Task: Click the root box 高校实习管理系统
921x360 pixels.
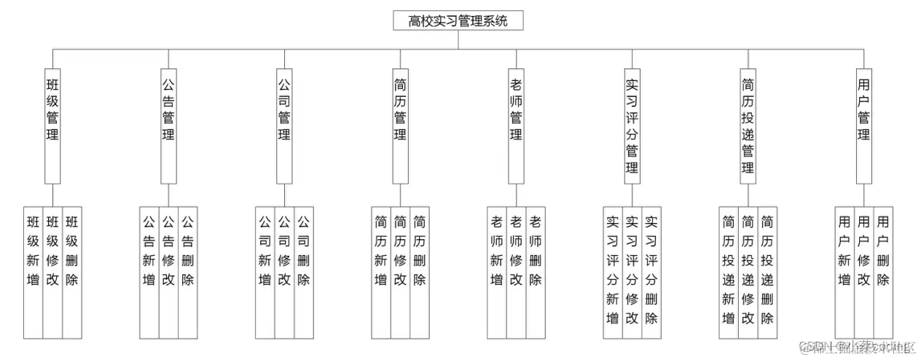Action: pyautogui.click(x=458, y=20)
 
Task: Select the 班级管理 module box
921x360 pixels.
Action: pyautogui.click(x=52, y=124)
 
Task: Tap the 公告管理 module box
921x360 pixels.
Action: pyautogui.click(x=168, y=124)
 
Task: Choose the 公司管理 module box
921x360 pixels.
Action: pyautogui.click(x=284, y=124)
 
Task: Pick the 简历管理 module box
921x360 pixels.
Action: pyautogui.click(x=400, y=124)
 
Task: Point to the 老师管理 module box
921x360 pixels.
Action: pyautogui.click(x=516, y=124)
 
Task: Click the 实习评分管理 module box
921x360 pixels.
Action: pyautogui.click(x=632, y=124)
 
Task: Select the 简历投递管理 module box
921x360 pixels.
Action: pyautogui.click(x=748, y=124)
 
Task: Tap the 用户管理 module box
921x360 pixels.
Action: pyautogui.click(x=863, y=124)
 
